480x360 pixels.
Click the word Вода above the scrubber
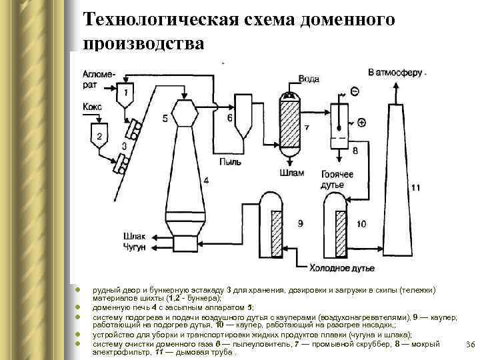(x=309, y=79)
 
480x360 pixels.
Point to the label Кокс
(x=93, y=107)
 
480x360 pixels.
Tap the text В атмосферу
(x=396, y=71)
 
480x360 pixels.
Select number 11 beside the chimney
(x=415, y=188)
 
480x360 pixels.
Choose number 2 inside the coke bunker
(x=99, y=136)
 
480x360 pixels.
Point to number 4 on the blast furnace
(x=206, y=180)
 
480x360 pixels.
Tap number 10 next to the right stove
(x=361, y=223)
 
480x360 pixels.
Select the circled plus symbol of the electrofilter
(x=361, y=122)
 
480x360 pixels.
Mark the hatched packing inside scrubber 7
(x=291, y=127)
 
